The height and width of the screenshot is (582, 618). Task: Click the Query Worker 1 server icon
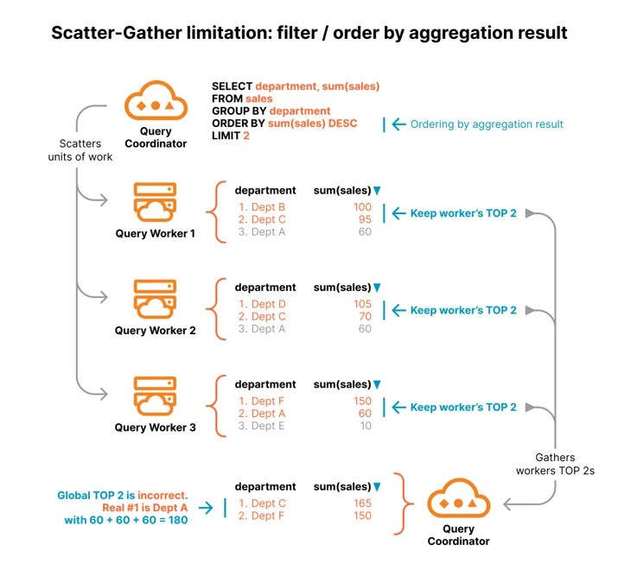click(155, 202)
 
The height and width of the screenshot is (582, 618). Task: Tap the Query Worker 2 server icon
click(155, 299)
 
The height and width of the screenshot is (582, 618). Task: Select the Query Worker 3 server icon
click(155, 396)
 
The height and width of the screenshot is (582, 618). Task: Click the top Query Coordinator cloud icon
click(156, 100)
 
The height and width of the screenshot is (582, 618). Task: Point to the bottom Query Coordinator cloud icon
click(458, 498)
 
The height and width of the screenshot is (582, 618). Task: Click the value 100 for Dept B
click(362, 206)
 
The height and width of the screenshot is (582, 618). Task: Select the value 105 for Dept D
click(362, 304)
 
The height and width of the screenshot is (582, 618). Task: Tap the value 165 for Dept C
click(362, 503)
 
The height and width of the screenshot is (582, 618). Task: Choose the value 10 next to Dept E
click(366, 426)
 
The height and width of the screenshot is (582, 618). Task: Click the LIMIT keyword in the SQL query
click(226, 136)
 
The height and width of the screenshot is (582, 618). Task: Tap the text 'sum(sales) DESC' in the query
click(312, 123)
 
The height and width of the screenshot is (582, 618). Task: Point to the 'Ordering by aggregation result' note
click(487, 124)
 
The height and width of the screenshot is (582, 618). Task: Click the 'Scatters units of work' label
click(80, 150)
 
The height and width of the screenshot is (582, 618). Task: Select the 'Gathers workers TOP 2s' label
click(555, 464)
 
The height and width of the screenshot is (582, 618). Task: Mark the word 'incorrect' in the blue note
click(162, 495)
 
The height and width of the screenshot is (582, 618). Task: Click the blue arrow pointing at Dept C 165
click(206, 508)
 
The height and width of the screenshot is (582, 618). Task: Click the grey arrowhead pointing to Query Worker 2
click(104, 297)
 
